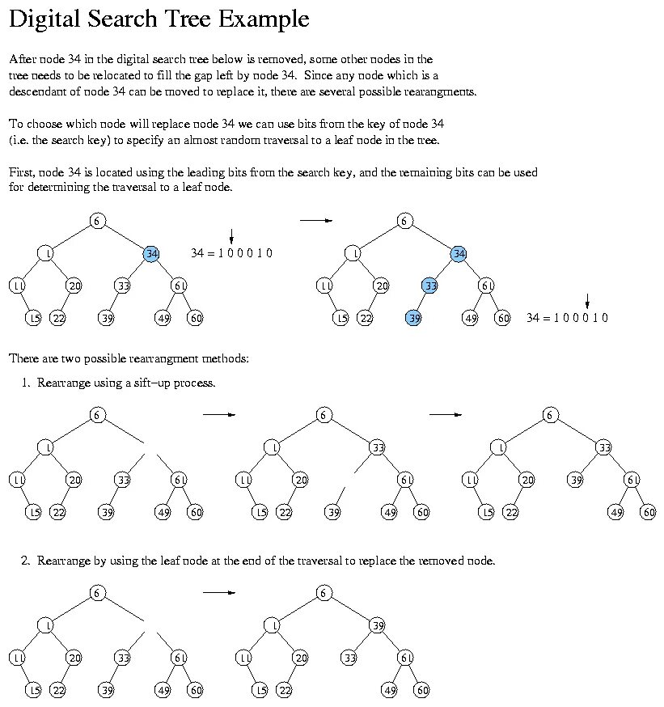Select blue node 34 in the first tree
click(x=151, y=253)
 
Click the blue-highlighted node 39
click(x=413, y=318)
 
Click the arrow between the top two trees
click(x=315, y=220)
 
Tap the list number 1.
click(x=26, y=383)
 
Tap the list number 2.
click(x=26, y=561)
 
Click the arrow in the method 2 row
click(x=218, y=592)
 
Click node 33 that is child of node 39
click(x=349, y=658)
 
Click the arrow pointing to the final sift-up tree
click(x=445, y=414)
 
